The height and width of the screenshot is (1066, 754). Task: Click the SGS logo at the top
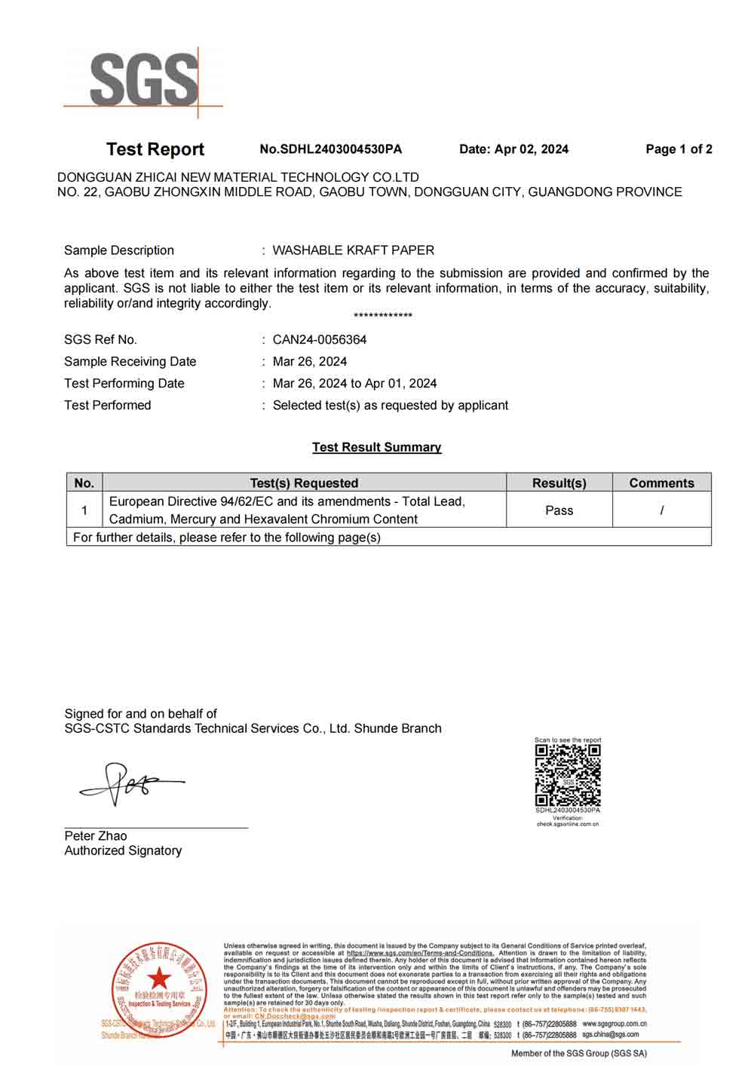click(143, 80)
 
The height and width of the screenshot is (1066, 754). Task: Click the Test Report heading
click(155, 149)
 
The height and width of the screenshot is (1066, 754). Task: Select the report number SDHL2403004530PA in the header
click(331, 149)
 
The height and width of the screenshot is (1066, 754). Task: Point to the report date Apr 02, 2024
click(513, 149)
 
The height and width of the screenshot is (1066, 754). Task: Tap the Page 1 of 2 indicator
click(679, 149)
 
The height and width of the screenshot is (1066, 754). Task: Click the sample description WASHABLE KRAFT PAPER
click(353, 250)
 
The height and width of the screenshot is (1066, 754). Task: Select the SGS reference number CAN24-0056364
click(320, 340)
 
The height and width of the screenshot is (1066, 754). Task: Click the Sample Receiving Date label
click(130, 362)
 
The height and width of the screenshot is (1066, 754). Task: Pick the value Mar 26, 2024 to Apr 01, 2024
click(354, 384)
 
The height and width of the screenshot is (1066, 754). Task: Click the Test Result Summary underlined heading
click(376, 448)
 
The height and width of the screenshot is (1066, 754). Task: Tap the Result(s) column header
click(559, 483)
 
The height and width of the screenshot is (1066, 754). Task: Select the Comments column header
click(661, 483)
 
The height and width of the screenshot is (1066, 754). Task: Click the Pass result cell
click(559, 510)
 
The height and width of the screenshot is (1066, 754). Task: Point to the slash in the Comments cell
click(661, 510)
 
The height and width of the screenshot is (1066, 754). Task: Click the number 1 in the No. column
click(84, 510)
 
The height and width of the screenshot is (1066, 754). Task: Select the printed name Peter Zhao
click(96, 836)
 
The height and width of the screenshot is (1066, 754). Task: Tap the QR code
click(568, 776)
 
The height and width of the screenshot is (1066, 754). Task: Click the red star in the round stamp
click(159, 978)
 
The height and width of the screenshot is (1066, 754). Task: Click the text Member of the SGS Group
click(578, 1054)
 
